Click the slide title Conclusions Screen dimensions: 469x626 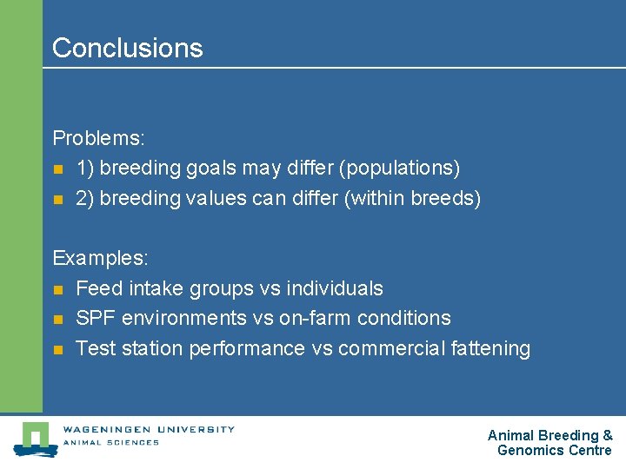coord(127,48)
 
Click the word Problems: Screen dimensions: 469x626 coord(98,138)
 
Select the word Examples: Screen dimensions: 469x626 coord(101,258)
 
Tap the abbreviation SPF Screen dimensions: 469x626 coord(97,318)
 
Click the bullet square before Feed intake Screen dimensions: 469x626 coord(58,289)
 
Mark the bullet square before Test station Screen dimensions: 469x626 coord(58,349)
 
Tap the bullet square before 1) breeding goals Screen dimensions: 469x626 coord(58,168)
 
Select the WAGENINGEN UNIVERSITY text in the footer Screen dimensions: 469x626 coord(148,429)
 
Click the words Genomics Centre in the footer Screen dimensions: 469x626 coord(554,450)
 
